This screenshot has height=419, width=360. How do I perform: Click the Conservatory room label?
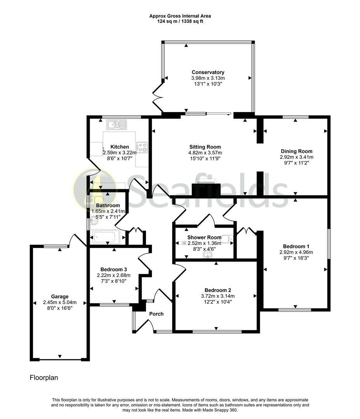pyautogui.click(x=208, y=72)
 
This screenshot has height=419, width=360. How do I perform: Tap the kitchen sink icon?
pyautogui.click(x=117, y=124)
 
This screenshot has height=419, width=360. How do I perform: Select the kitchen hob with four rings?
pyautogui.click(x=143, y=147)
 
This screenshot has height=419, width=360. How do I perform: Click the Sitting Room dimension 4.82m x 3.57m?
pyautogui.click(x=205, y=153)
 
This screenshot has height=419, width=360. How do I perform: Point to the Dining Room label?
pyautogui.click(x=296, y=151)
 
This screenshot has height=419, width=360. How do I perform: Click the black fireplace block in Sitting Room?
pyautogui.click(x=206, y=189)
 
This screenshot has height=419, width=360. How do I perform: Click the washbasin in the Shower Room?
pyautogui.click(x=208, y=255)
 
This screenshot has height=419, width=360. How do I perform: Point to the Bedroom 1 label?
pyautogui.click(x=296, y=246)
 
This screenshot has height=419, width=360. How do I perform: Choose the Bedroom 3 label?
pyautogui.click(x=113, y=269)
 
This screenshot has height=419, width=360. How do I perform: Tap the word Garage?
pyautogui.click(x=59, y=296)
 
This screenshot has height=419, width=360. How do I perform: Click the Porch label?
pyautogui.click(x=156, y=314)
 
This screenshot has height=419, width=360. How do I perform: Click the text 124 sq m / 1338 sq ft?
pyautogui.click(x=180, y=21)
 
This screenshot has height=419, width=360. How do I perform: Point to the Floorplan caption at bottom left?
pyautogui.click(x=44, y=377)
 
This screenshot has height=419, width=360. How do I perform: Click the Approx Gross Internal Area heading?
pyautogui.click(x=180, y=16)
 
